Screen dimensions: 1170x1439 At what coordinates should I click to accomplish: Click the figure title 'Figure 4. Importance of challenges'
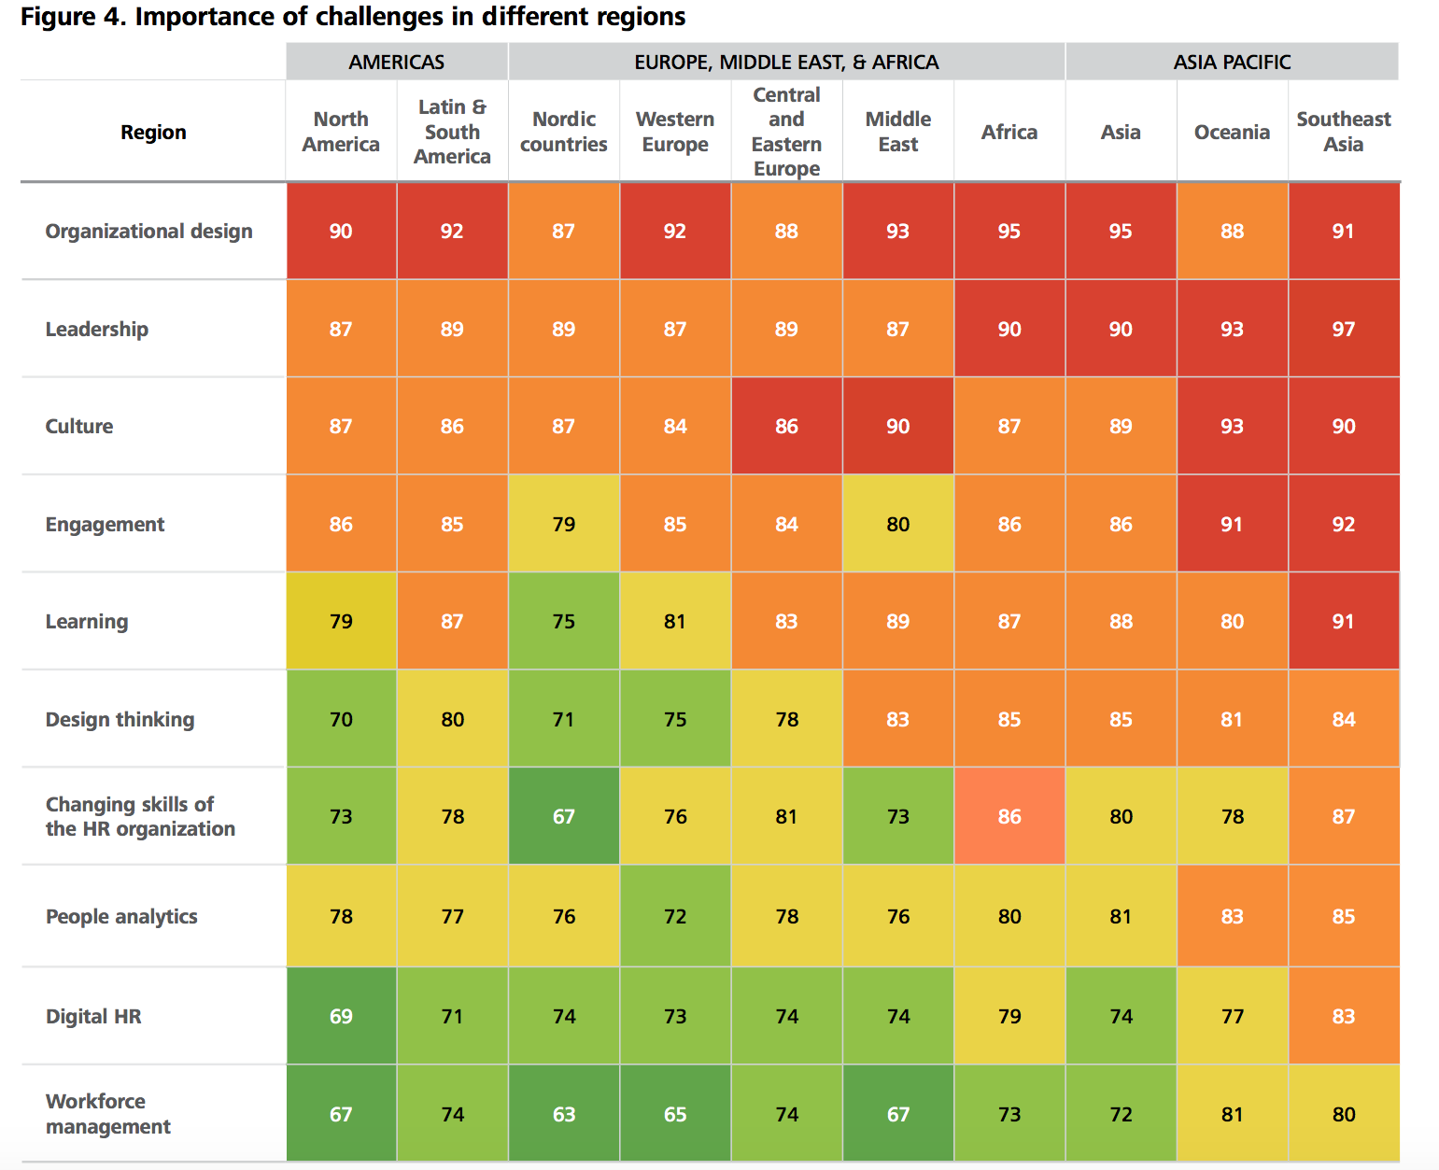[x=353, y=17]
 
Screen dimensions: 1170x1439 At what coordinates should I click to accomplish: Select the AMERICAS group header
[x=397, y=62]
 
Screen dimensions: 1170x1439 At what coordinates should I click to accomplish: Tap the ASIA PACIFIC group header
[x=1232, y=62]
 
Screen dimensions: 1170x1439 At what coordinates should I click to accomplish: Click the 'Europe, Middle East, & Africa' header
[x=786, y=62]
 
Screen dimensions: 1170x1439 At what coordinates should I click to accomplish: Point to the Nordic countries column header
[x=563, y=132]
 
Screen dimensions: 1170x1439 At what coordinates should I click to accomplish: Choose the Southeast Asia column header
[x=1343, y=132]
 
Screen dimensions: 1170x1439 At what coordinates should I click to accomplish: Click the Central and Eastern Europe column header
[x=786, y=132]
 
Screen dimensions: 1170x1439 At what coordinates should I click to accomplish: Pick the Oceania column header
[x=1232, y=133]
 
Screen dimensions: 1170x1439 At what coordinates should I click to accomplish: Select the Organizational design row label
[x=148, y=232]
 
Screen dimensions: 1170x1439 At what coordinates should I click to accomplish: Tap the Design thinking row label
[x=120, y=720]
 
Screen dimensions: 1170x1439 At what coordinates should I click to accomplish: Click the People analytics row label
[x=121, y=917]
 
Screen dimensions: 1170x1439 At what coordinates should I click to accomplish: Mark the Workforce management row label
[x=107, y=1114]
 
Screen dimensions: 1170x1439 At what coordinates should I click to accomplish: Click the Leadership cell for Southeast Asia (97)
[x=1343, y=329]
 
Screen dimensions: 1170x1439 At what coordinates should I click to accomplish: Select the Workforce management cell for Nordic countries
[x=563, y=1114]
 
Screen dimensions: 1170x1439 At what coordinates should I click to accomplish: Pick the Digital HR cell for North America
[x=341, y=1016]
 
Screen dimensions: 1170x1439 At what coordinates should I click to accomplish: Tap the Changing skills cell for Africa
[x=1009, y=816]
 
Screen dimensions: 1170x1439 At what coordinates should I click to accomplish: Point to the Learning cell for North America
[x=341, y=621]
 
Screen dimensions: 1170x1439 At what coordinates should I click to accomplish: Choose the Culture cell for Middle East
[x=897, y=426]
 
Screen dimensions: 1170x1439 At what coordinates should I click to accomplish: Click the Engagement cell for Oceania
[x=1232, y=524]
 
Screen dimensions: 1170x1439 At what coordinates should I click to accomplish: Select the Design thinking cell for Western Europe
[x=674, y=719]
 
